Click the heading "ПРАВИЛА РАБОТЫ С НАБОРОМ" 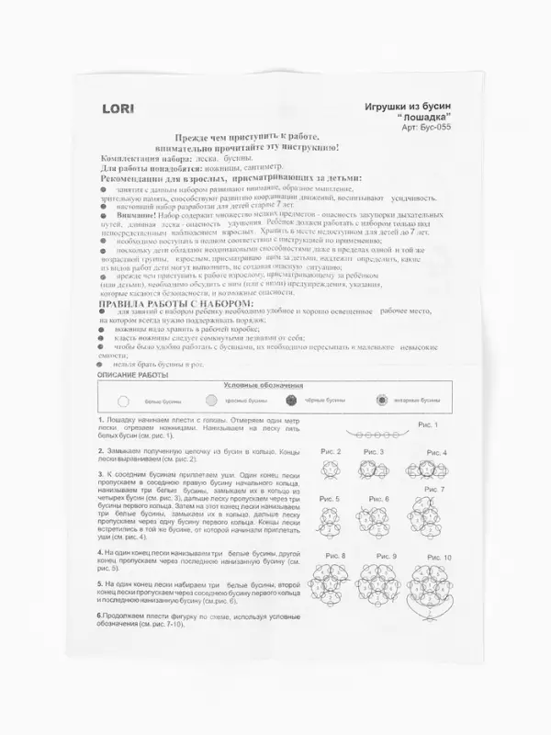pos(174,302)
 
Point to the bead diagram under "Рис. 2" pos(332,469)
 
